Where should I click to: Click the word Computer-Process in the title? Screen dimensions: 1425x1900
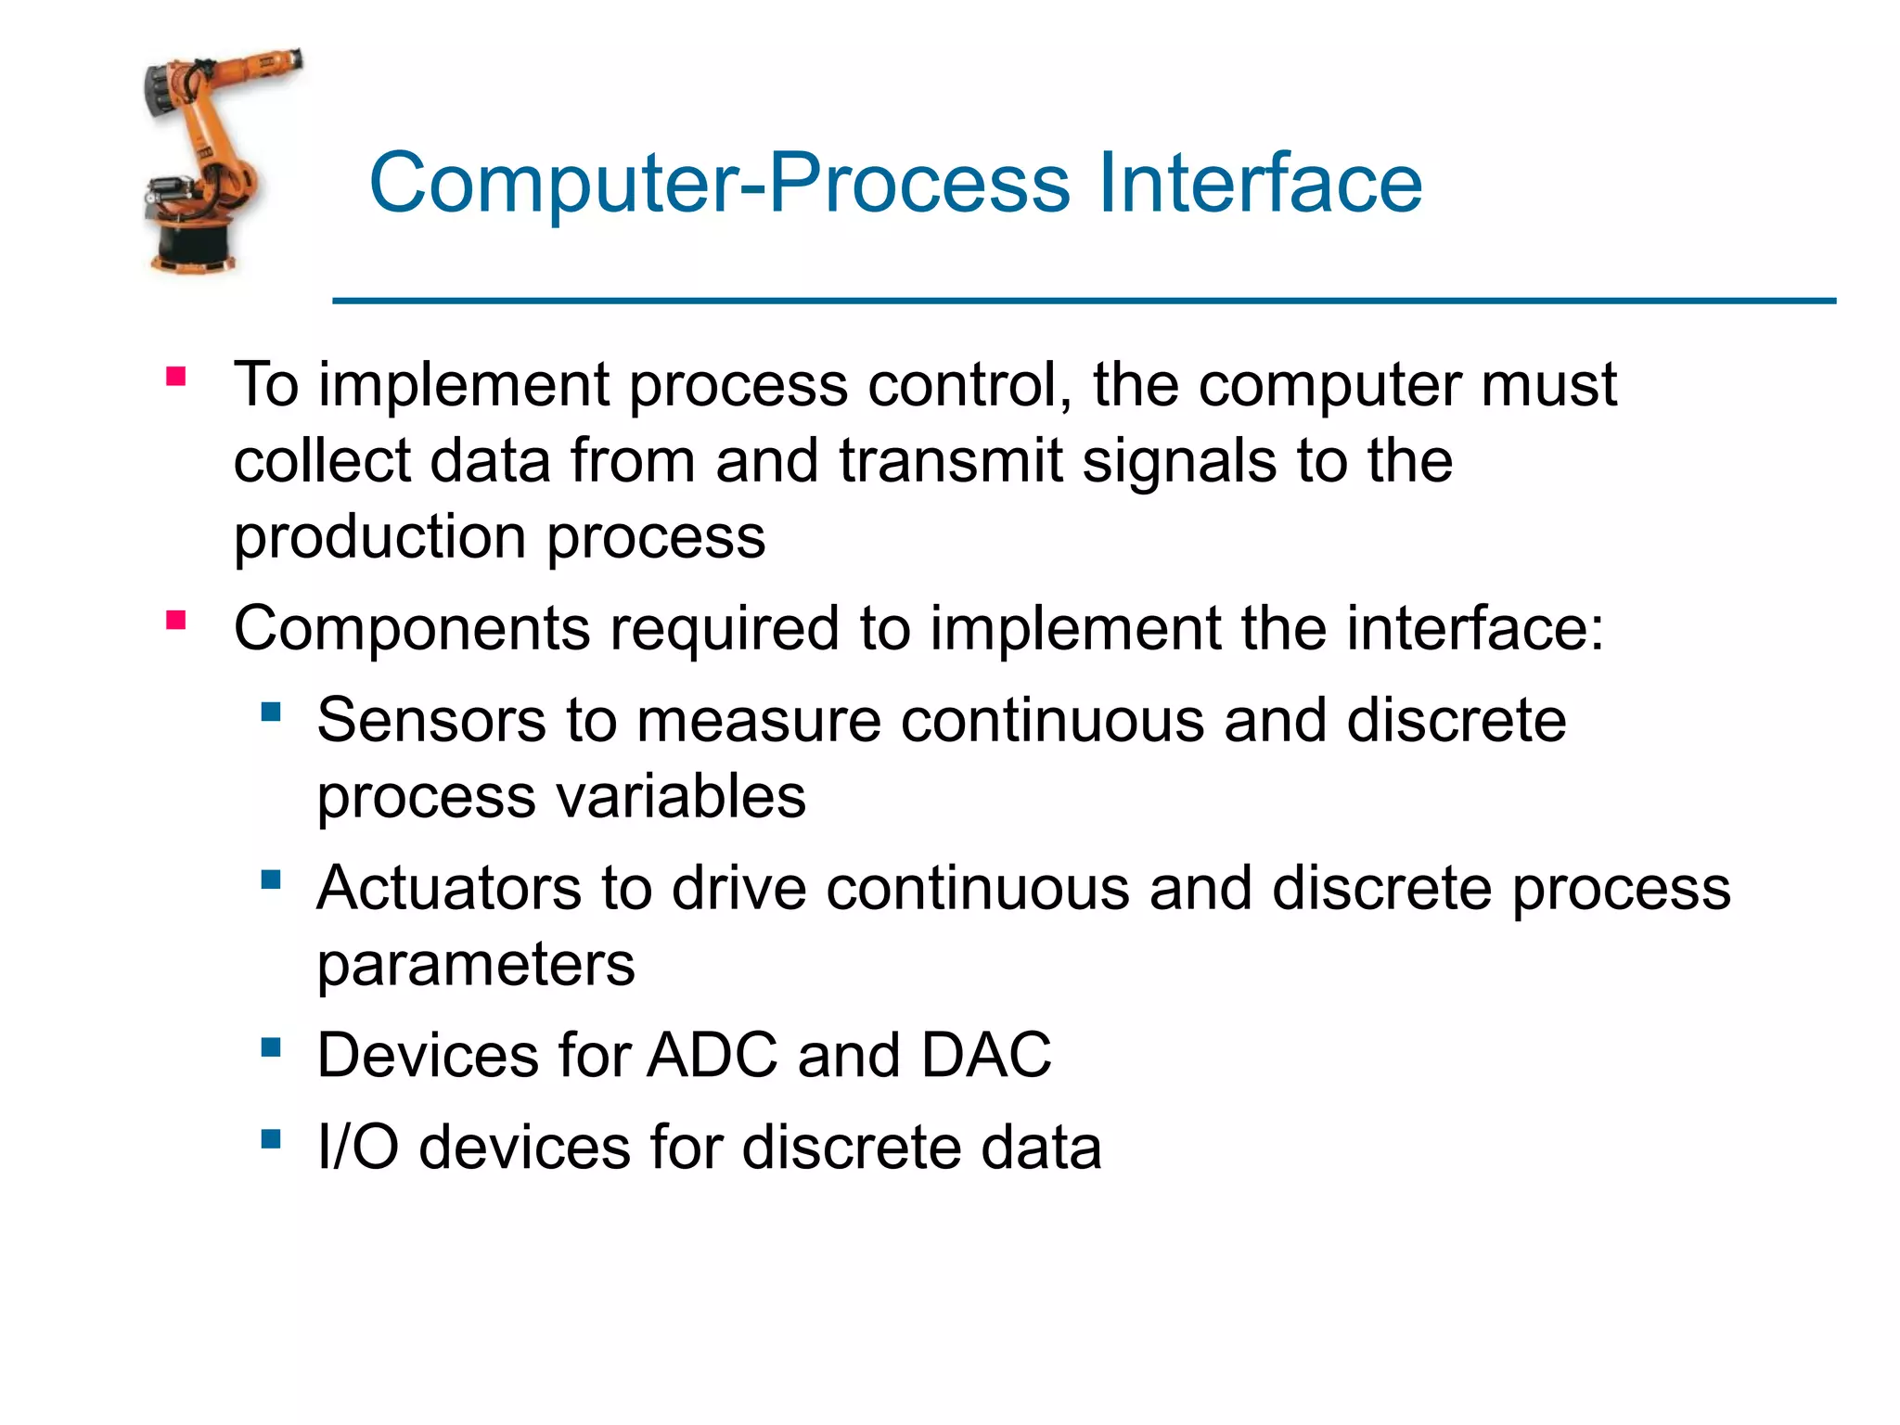coord(720,185)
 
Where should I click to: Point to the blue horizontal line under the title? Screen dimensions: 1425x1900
coord(1084,301)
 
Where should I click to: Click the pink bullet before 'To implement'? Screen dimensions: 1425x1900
coord(176,377)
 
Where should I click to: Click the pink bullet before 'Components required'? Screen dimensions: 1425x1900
coord(176,620)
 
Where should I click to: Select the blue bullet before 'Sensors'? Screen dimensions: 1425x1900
coord(271,712)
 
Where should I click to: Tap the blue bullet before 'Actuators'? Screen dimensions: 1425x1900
coord(271,879)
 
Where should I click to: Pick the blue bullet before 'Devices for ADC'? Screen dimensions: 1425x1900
coord(271,1047)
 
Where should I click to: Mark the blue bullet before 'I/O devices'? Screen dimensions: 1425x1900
coord(271,1138)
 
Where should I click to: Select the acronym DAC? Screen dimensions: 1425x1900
coord(985,1056)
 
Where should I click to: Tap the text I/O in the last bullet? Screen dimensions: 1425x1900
coord(357,1148)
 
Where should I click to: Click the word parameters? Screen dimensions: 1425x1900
coord(476,965)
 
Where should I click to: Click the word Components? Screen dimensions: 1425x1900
coord(411,629)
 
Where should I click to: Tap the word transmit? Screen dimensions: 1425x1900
coord(951,461)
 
